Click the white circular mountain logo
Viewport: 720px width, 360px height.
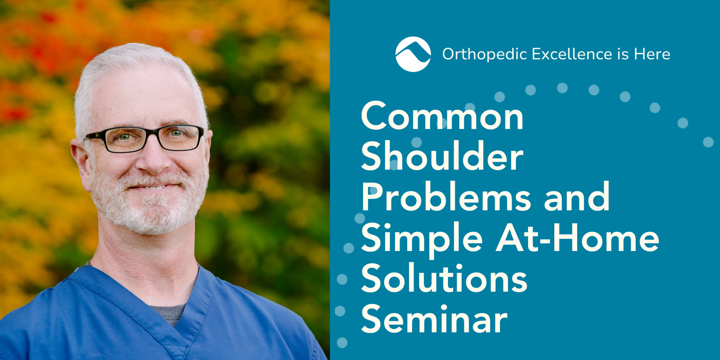tap(413, 54)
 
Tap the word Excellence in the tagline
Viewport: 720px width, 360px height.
tap(572, 53)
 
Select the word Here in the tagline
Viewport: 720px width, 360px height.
tap(652, 53)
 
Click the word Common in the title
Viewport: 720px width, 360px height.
tap(442, 116)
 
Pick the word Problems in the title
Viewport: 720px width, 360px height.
tap(446, 196)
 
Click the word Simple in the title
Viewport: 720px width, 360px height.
tap(422, 238)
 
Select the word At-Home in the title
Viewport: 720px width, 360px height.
tap(578, 237)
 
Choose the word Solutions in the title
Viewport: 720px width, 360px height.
tap(444, 278)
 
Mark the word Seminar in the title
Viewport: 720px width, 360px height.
tap(434, 318)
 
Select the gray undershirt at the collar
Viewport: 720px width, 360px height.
tap(169, 313)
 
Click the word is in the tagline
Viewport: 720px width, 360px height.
tap(623, 53)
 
